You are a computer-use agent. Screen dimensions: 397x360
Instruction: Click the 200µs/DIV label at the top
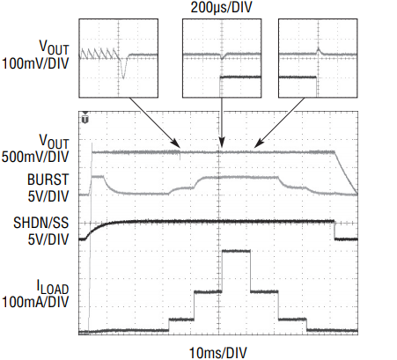(221, 7)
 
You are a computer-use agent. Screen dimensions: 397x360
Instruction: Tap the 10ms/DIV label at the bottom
(217, 352)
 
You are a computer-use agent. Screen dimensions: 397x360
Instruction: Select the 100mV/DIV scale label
(35, 63)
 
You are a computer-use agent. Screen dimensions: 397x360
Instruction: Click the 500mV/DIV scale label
(35, 157)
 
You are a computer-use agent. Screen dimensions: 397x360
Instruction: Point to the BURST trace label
(48, 180)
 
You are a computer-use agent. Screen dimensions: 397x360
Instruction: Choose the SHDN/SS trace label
(41, 223)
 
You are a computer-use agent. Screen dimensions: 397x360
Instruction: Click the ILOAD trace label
(53, 287)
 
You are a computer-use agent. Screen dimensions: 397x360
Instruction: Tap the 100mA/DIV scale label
(35, 302)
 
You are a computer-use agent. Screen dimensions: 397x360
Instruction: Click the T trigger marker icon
(85, 119)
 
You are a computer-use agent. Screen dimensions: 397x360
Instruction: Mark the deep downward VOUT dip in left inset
(123, 68)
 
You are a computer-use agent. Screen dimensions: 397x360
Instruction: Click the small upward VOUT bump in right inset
(318, 51)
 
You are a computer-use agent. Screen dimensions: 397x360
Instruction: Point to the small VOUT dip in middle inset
(222, 56)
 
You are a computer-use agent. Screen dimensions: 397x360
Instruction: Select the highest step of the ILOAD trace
(236, 251)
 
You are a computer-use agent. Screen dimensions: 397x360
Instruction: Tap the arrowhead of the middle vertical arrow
(222, 143)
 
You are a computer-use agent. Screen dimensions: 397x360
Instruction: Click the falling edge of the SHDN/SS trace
(335, 230)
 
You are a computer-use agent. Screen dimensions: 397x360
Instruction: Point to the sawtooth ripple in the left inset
(99, 54)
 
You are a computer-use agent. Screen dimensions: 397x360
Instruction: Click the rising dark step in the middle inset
(220, 86)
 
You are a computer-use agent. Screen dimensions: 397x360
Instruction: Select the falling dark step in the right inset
(317, 86)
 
